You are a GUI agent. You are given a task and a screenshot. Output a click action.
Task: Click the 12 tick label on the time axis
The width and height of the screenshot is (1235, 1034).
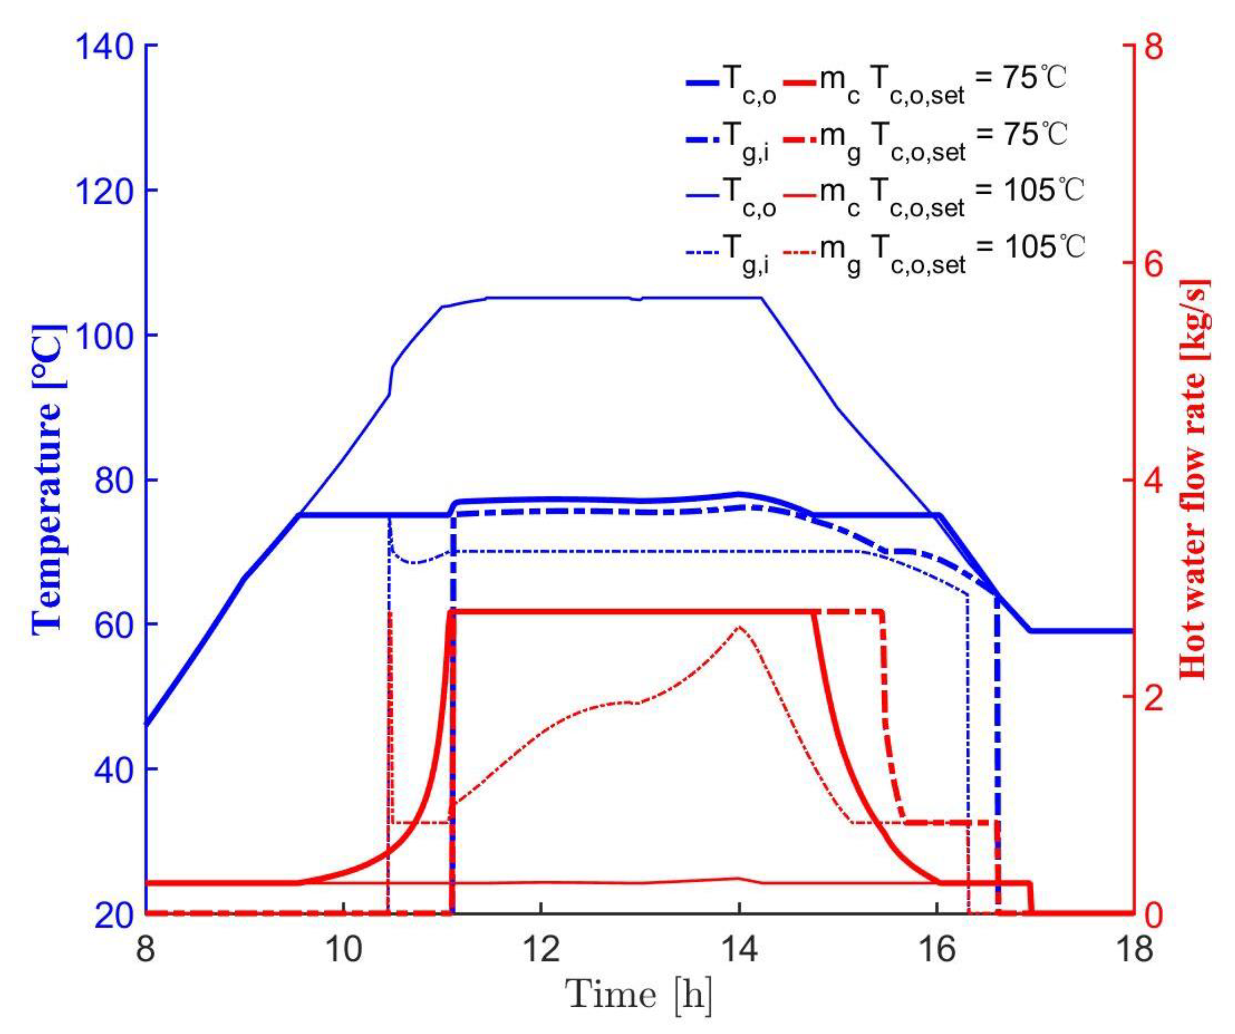[541, 950]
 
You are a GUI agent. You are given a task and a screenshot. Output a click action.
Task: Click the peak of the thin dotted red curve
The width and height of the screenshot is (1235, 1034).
[739, 627]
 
